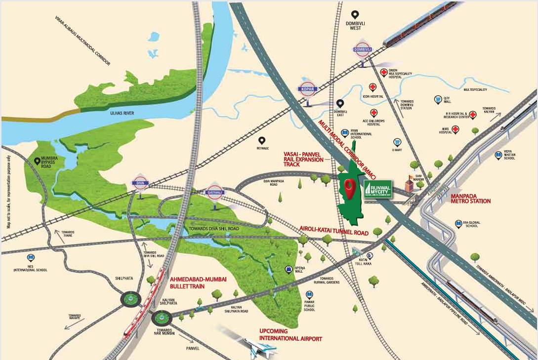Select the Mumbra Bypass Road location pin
(x=37, y=161)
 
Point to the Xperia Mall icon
(x=288, y=269)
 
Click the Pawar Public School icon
(x=310, y=294)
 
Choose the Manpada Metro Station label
(x=470, y=199)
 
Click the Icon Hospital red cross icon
(x=372, y=87)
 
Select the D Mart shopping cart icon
(x=396, y=142)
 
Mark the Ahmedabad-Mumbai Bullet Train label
(x=198, y=282)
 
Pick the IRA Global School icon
(x=459, y=224)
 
